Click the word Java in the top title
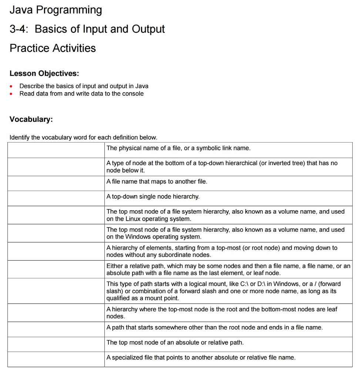[x=21, y=10]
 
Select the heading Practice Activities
[x=53, y=48]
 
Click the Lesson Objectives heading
[x=44, y=73]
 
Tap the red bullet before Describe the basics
[x=12, y=86]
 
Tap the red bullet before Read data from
[x=12, y=94]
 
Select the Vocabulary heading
[x=31, y=119]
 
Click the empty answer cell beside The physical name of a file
[x=56, y=150]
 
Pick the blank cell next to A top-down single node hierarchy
[x=56, y=198]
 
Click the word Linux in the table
[x=134, y=219]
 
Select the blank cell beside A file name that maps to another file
[x=56, y=183]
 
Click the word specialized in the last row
[x=128, y=358]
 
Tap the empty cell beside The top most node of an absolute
[x=56, y=344]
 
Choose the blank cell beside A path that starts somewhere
[x=56, y=329]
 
